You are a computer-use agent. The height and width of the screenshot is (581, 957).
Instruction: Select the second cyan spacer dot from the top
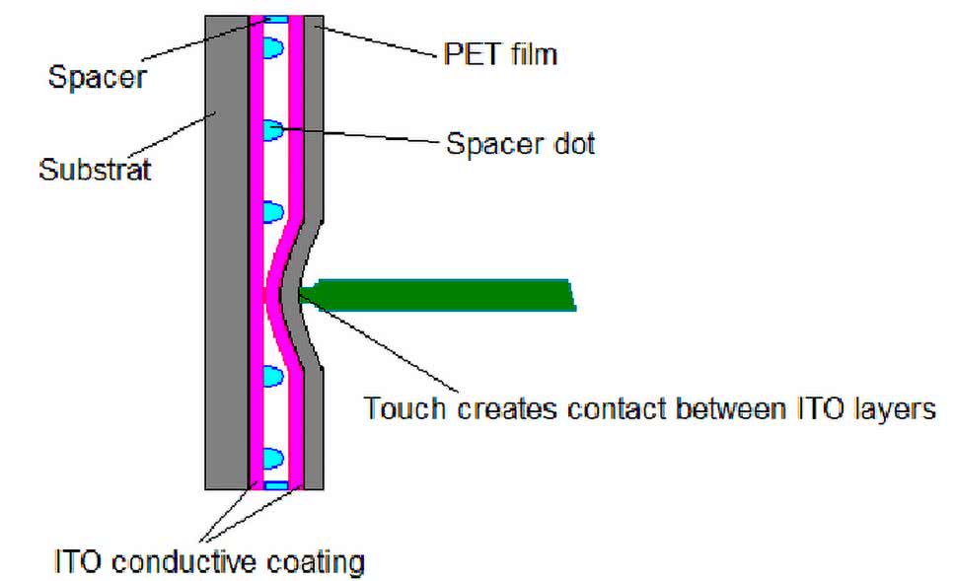[x=271, y=128]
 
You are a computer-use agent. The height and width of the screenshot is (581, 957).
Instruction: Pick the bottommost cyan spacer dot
[x=271, y=459]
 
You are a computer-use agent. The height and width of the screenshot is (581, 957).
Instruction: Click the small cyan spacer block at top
[x=274, y=19]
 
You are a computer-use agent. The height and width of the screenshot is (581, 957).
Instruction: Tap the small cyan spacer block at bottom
[x=274, y=485]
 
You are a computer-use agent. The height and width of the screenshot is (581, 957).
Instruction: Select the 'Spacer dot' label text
[x=520, y=144]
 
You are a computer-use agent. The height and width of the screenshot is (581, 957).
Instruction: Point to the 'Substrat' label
[x=95, y=170]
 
